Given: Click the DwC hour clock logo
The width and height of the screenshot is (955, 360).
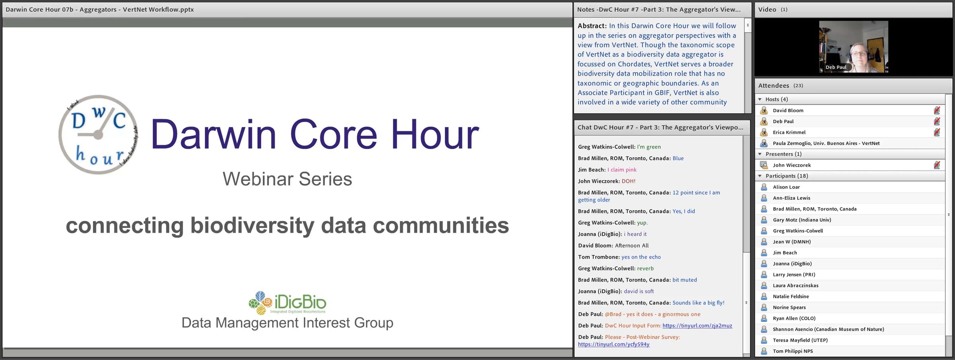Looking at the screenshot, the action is [98, 134].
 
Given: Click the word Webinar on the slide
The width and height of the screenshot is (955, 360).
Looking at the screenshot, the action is [257, 179].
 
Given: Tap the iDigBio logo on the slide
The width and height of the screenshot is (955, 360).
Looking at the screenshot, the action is [287, 303].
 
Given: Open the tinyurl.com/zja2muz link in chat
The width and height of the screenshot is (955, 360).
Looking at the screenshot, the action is [697, 325].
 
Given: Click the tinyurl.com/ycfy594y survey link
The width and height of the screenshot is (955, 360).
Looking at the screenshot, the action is [614, 344].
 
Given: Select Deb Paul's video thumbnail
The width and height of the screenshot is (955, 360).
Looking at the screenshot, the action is [854, 47].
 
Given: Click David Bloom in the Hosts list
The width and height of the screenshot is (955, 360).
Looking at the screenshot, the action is [788, 111].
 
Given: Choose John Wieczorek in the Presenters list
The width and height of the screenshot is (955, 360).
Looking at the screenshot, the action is [791, 165].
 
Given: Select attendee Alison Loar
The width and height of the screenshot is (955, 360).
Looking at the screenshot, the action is [786, 187].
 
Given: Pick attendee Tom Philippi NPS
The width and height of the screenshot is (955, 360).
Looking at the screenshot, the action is [793, 351].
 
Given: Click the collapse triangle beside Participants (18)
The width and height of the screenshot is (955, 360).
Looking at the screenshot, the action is [760, 176].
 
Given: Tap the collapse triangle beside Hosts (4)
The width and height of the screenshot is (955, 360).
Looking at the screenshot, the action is [760, 99].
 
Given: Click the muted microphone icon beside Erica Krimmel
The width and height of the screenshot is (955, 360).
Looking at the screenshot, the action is [937, 132].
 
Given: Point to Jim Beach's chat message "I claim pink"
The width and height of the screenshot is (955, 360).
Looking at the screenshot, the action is [622, 170].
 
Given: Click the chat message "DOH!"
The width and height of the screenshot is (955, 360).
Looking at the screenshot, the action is [629, 181].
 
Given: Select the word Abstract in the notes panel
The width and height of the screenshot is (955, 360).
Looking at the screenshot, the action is [592, 26].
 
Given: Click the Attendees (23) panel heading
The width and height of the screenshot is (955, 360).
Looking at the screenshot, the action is [780, 86].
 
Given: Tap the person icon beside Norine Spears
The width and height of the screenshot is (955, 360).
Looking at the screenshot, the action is [764, 307].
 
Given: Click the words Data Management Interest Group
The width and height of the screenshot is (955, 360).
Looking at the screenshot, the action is [287, 323].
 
